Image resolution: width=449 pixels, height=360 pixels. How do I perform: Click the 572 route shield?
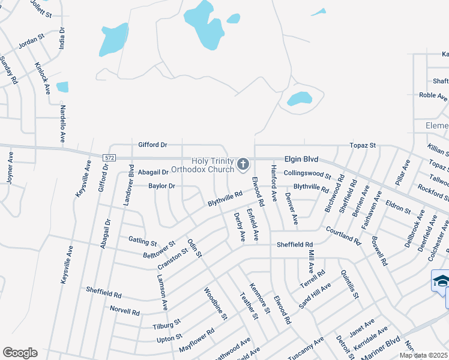click(109, 157)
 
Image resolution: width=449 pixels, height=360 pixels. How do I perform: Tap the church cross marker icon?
click(243, 164)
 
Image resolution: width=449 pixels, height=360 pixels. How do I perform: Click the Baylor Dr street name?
click(162, 186)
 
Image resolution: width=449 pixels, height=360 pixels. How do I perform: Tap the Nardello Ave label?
click(62, 124)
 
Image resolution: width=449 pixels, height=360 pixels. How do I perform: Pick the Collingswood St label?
click(307, 175)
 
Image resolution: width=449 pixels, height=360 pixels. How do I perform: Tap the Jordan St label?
click(32, 41)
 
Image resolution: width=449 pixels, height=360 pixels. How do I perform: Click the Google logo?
click(20, 353)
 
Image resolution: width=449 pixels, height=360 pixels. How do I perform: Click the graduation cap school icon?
click(441, 281)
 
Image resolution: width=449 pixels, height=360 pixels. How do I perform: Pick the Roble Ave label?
click(433, 95)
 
